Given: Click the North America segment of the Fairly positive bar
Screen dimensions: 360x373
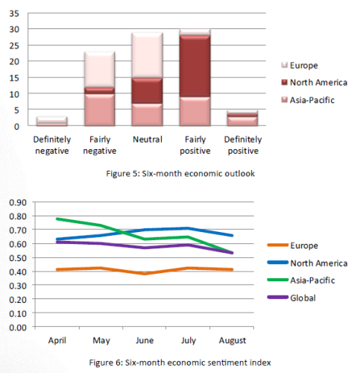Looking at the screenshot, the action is coord(195,66).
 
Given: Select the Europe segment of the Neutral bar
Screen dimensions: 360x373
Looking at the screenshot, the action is coord(148,55).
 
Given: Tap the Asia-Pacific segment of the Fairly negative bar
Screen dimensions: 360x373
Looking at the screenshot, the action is coord(100,110).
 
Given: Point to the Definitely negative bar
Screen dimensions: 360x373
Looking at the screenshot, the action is coord(52,122).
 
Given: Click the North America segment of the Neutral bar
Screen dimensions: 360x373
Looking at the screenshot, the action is coord(148,91).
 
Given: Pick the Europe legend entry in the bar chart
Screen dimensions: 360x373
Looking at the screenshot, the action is coord(300,66).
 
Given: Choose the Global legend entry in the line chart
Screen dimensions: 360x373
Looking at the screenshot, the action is coord(291,298).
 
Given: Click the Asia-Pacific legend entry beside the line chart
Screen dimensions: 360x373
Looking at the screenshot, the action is coord(301,280).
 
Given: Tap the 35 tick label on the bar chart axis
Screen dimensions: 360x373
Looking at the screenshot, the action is coord(14,13).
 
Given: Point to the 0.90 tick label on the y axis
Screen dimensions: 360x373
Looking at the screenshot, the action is coord(18,203).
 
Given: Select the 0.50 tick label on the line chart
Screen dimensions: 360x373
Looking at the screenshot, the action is coord(18,258).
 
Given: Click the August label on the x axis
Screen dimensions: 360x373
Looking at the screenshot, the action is coord(233,340).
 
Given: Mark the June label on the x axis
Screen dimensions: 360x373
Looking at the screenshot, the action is coord(145,340).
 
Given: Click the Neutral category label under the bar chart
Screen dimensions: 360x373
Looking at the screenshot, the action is coord(148,140).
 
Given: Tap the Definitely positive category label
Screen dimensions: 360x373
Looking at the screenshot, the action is coord(243,145).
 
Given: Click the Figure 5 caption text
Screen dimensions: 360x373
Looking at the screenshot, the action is coord(180,173).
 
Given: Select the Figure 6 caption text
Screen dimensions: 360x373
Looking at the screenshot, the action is coord(180,363).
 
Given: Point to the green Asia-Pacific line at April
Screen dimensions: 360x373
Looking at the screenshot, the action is coord(57,219).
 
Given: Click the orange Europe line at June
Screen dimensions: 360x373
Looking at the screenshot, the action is coord(145,274).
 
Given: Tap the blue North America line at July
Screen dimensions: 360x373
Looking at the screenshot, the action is coord(189,228).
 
